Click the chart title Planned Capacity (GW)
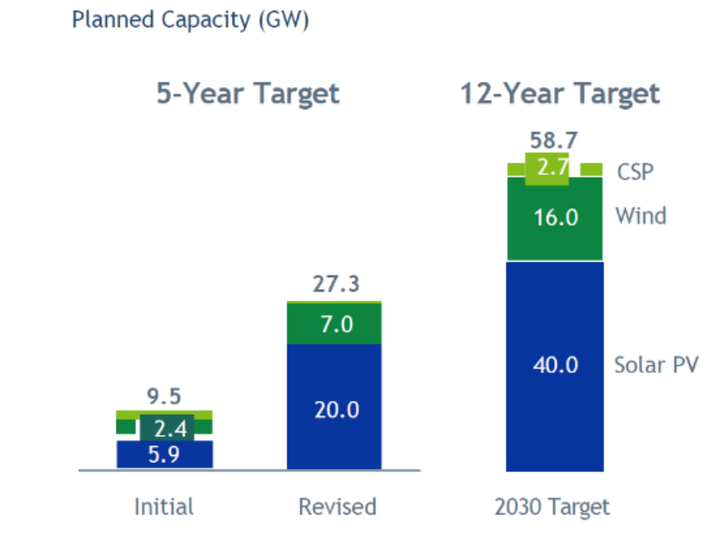coord(190,20)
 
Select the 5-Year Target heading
coord(248,94)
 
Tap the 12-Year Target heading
coord(560,94)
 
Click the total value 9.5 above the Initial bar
coord(164,396)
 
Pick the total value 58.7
coord(554,140)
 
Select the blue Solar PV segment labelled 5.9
coord(165,454)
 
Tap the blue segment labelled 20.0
coord(335,409)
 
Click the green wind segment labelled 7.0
coord(335,324)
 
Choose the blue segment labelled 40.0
coord(555,365)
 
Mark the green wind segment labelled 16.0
coord(555,217)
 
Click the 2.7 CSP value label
coord(554,168)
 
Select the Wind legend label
coord(641,215)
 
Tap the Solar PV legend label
coord(656,365)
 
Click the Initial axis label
coord(164,507)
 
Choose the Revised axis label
coord(337,507)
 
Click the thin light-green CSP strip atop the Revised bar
coord(335,303)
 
